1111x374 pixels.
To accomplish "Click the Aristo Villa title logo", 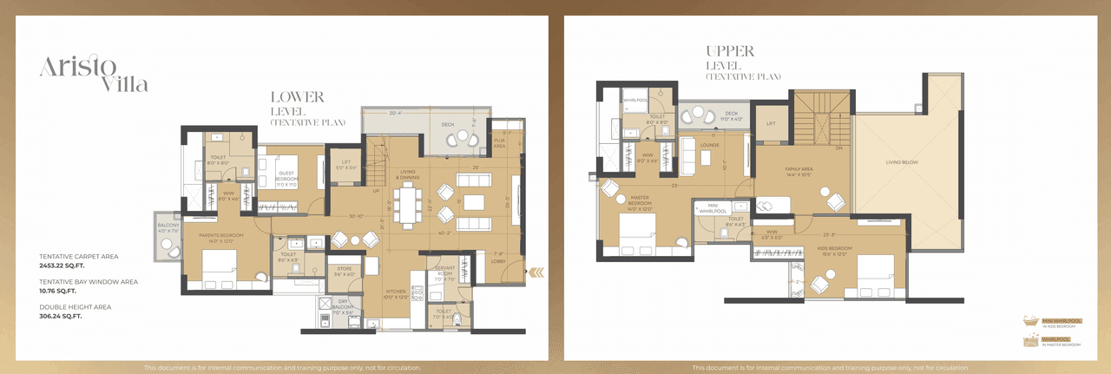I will tap(93, 73).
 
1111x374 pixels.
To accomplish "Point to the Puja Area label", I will tap(499, 144).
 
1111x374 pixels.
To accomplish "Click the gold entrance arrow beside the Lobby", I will tap(537, 272).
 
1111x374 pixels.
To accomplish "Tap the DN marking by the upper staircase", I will tap(838, 148).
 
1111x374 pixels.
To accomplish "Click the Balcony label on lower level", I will tap(168, 227).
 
